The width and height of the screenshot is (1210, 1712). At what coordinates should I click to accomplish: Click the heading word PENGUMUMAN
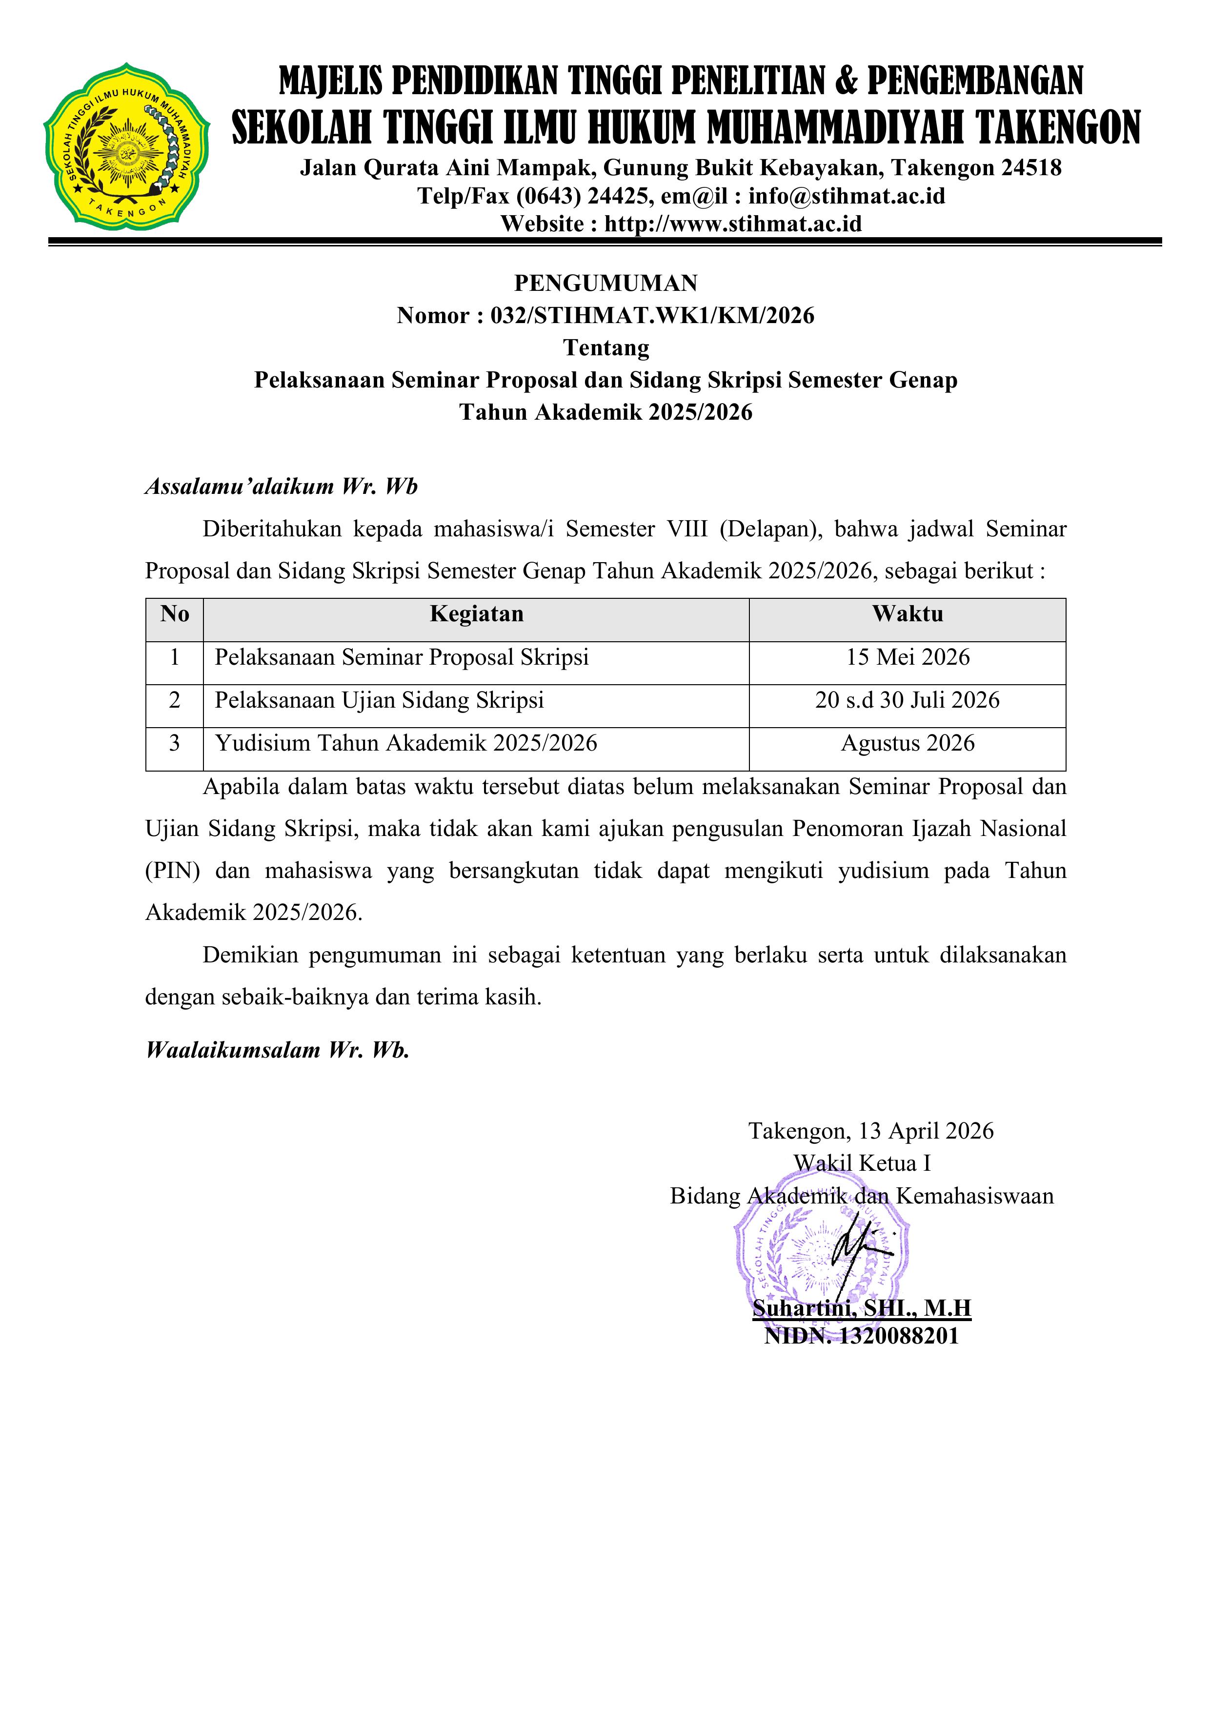[605, 284]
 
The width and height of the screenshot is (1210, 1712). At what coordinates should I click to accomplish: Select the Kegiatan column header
[476, 614]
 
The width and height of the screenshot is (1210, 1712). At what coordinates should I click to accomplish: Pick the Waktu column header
[907, 614]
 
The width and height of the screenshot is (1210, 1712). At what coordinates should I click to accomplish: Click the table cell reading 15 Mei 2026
[907, 658]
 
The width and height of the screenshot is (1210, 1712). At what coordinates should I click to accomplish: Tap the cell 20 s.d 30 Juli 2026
[907, 701]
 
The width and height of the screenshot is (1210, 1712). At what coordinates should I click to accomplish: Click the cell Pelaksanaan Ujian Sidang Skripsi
[380, 701]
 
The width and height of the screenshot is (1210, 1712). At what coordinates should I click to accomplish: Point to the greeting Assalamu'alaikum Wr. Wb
[281, 487]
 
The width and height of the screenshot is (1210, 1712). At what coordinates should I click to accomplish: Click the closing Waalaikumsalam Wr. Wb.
[277, 1051]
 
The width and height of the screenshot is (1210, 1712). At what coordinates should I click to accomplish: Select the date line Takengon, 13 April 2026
[871, 1131]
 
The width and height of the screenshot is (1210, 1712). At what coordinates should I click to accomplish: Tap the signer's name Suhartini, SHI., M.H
[861, 1308]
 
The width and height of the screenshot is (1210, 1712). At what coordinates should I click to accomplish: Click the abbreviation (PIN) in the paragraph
[172, 871]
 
